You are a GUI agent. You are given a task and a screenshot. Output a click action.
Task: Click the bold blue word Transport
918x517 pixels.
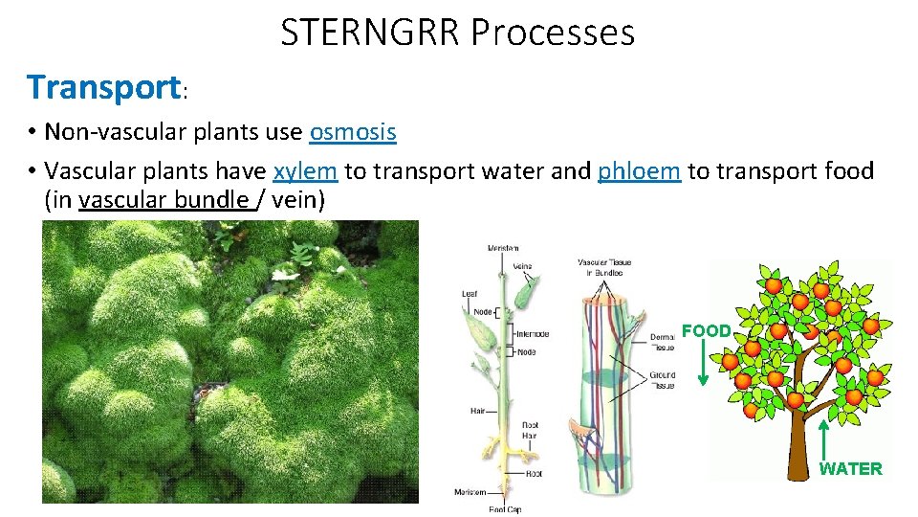click(102, 87)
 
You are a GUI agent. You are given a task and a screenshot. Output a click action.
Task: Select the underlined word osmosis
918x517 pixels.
click(353, 131)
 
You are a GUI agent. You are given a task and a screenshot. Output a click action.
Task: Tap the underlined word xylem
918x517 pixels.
click(305, 170)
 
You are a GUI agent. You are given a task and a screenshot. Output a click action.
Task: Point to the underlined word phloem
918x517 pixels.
click(639, 170)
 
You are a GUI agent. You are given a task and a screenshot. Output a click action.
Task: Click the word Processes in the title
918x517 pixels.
click(553, 33)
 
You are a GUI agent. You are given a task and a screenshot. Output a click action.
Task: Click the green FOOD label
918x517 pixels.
click(706, 330)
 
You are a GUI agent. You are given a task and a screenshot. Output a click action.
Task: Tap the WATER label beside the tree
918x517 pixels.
click(850, 468)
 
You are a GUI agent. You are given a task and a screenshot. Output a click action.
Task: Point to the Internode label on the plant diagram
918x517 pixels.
click(532, 334)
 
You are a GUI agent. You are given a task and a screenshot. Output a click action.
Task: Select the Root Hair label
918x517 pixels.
click(530, 429)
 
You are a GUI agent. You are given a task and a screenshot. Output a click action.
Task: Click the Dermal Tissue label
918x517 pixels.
click(663, 341)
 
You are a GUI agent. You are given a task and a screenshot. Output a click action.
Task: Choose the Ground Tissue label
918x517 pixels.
click(662, 380)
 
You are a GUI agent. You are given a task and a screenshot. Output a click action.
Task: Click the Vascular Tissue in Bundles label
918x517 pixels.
click(604, 267)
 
